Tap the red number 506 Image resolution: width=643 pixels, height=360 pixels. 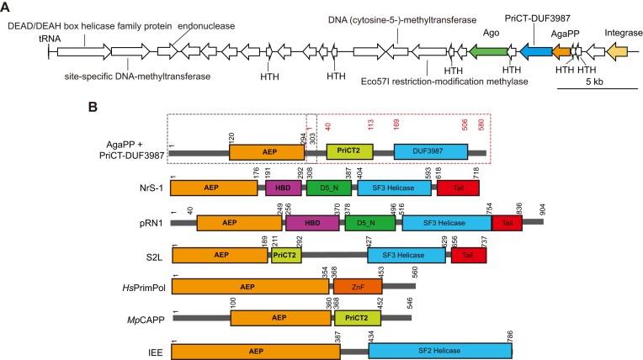coord(464,124)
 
